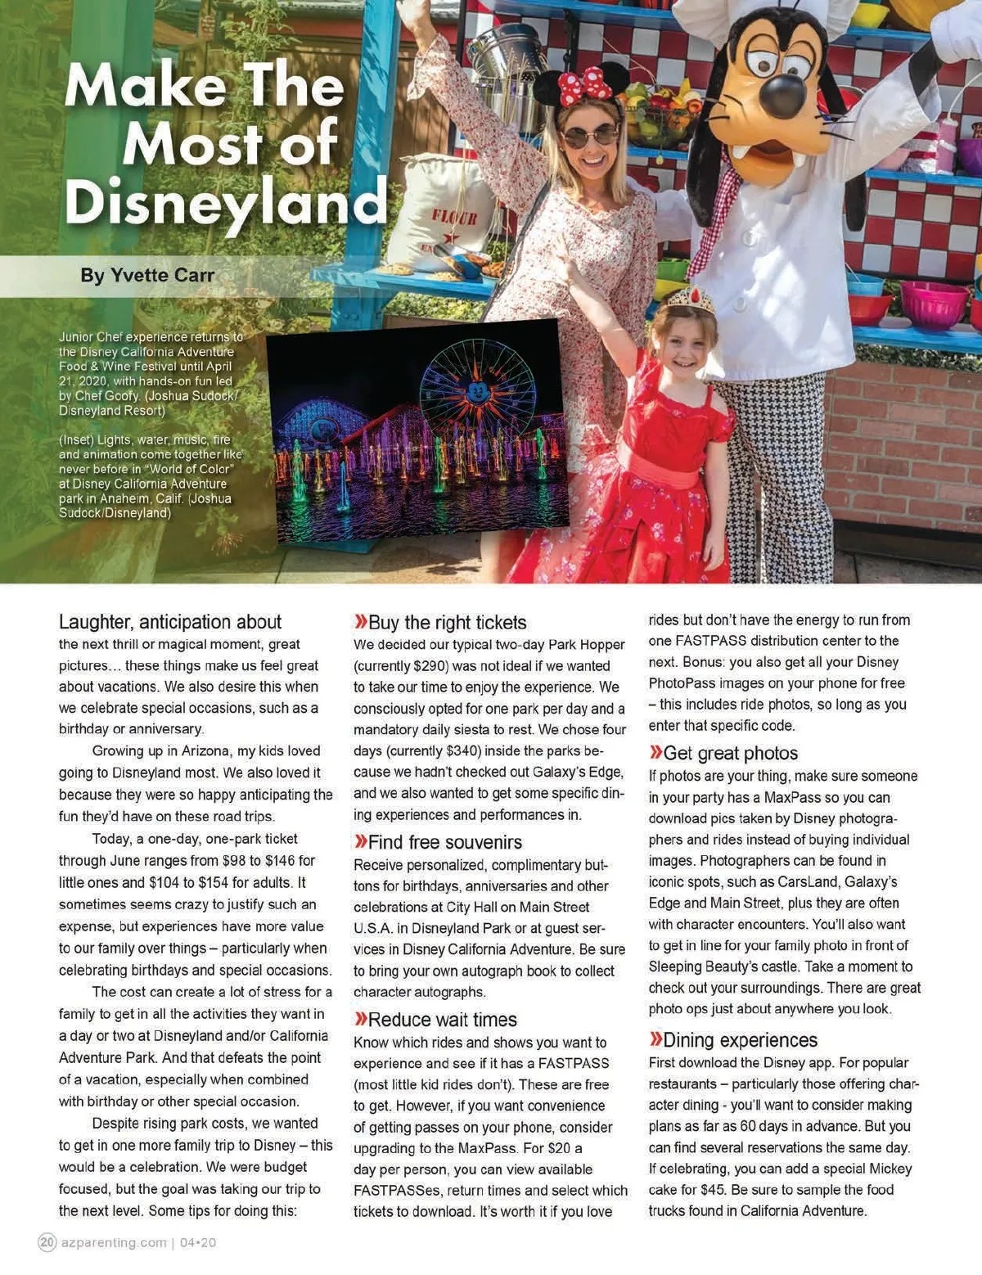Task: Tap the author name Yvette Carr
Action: pos(147,275)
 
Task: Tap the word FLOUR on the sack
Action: pos(454,218)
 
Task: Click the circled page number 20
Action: pos(47,1242)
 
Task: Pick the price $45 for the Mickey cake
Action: pos(713,1190)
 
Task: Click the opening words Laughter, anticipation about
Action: pos(170,622)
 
